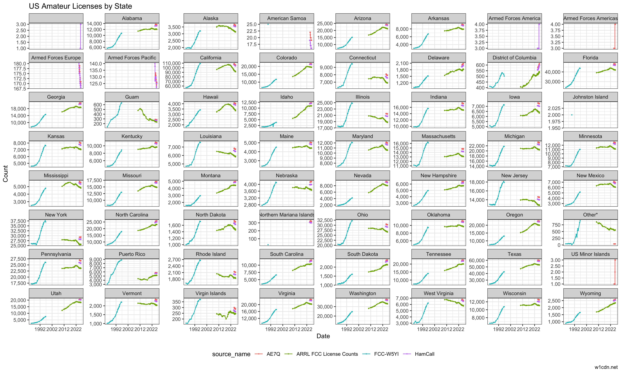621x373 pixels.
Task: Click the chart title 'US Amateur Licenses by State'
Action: coord(80,6)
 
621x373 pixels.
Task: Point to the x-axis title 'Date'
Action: coord(323,336)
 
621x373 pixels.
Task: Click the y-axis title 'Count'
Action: coord(6,173)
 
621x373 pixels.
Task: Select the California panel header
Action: coord(211,58)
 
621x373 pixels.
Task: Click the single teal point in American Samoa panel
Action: coord(268,24)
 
